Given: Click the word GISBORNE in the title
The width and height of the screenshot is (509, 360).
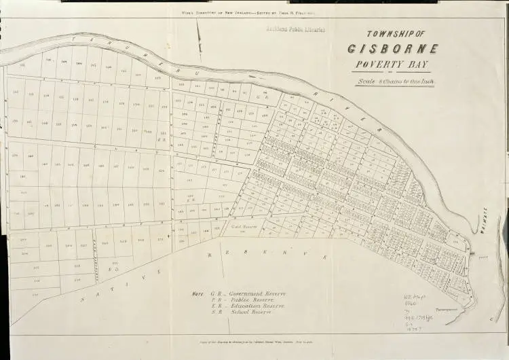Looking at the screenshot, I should [392, 49].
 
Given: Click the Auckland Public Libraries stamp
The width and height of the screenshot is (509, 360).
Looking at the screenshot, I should [297, 30].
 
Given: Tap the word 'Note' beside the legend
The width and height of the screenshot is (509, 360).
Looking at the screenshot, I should [197, 293].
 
